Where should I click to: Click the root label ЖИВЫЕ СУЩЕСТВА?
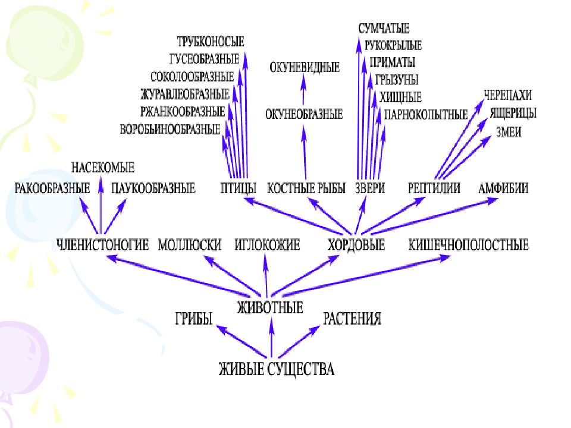click(276, 369)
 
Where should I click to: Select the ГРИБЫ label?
click(193, 319)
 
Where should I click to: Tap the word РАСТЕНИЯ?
click(352, 319)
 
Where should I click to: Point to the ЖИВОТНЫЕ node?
click(270, 307)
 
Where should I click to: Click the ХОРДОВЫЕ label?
click(356, 244)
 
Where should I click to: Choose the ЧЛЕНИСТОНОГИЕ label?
click(102, 244)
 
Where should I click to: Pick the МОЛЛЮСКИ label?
click(190, 244)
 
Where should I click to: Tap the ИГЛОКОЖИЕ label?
click(267, 244)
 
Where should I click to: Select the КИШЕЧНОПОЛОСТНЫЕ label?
click(468, 244)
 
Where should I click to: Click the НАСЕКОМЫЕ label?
click(103, 168)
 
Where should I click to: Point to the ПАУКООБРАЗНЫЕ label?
click(153, 189)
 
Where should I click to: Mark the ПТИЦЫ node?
click(237, 188)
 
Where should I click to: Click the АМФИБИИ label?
click(503, 188)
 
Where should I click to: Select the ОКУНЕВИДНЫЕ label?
click(305, 67)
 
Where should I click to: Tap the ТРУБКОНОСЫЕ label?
click(211, 42)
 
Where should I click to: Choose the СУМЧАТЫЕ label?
click(384, 29)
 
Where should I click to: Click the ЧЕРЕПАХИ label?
click(507, 95)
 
